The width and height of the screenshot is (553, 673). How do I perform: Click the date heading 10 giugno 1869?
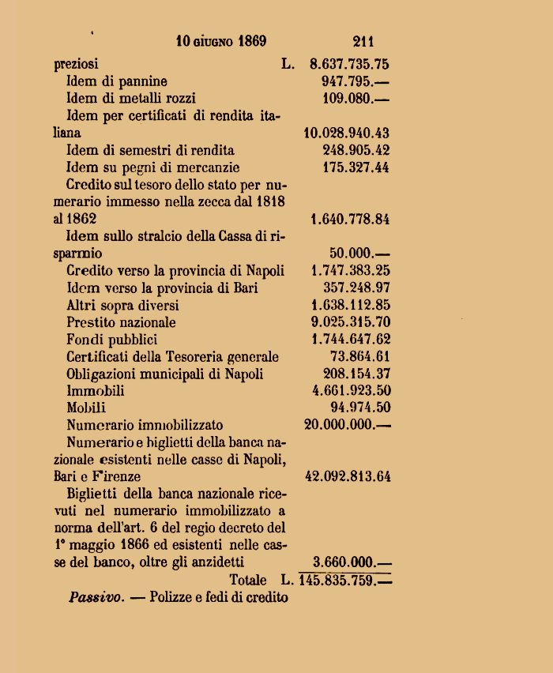point(221,41)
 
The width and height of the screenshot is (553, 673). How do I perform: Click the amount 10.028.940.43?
point(346,133)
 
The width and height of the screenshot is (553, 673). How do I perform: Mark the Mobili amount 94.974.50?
point(359,408)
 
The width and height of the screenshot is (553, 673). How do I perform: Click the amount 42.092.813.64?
point(346,476)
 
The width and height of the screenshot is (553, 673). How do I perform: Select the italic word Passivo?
point(96,597)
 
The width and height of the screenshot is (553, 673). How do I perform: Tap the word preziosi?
point(77,64)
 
